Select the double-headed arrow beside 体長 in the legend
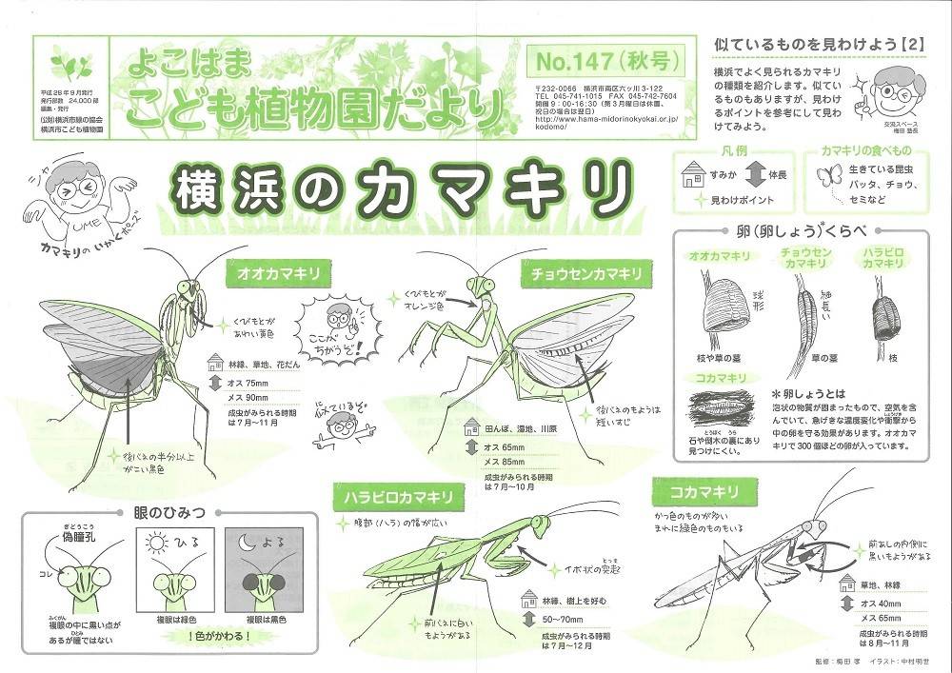(753, 176)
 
